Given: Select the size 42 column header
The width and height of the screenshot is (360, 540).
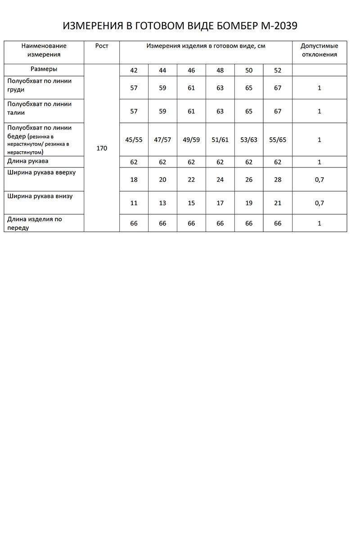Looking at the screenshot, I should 134,70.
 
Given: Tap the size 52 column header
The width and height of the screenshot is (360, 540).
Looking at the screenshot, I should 278,70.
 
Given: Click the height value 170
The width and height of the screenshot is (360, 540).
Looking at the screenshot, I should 102,148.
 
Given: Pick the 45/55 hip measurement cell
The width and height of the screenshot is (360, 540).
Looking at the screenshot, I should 134,140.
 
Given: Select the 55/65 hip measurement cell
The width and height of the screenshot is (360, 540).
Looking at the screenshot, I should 278,140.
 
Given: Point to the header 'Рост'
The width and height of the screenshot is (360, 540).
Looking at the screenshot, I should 102,46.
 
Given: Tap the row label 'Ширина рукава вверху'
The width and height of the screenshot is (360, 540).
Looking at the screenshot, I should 42,173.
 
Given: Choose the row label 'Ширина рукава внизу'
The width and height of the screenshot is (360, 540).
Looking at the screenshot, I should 40,196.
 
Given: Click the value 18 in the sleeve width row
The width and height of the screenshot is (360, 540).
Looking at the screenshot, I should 134,180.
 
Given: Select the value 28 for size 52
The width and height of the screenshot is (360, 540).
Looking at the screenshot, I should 278,180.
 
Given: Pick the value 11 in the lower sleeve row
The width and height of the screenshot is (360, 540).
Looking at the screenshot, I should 134,203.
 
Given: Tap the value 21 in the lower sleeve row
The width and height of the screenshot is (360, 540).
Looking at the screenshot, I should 278,203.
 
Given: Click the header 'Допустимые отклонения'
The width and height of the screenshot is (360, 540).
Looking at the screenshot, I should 319,50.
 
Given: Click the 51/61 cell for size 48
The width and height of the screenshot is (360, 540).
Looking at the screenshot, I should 220,140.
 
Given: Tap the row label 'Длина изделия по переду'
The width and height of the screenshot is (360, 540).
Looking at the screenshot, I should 35,224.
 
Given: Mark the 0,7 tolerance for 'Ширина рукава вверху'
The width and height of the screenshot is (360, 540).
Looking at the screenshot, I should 319,180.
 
